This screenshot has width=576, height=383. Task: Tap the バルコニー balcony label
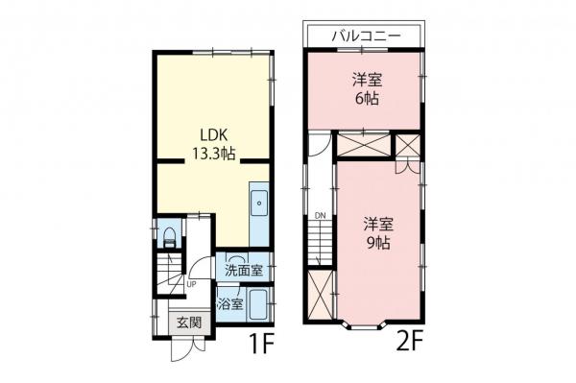click(363, 36)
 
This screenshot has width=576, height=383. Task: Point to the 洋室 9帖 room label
click(376, 233)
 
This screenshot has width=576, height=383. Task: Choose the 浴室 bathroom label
click(229, 305)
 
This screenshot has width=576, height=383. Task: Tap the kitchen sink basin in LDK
click(259, 204)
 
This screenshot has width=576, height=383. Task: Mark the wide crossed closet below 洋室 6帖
click(363, 147)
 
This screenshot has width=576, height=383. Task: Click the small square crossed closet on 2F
click(408, 146)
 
